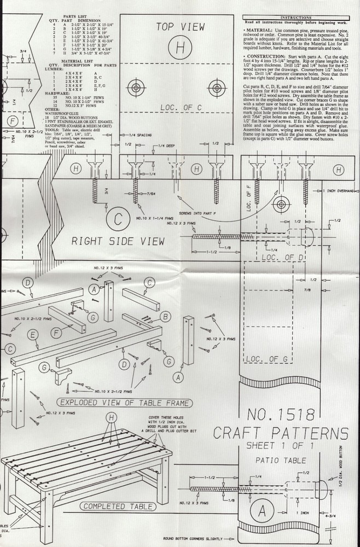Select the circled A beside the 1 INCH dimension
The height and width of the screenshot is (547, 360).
(262, 511)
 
